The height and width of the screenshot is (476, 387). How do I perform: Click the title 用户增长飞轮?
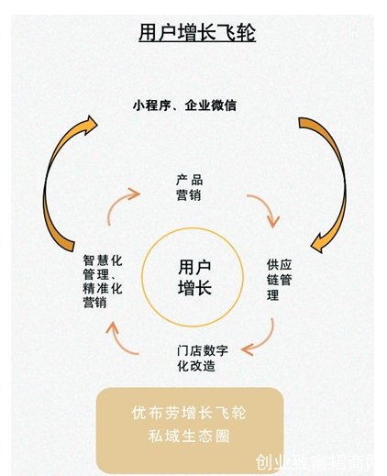[x=197, y=33]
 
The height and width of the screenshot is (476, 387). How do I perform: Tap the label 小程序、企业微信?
[x=184, y=105]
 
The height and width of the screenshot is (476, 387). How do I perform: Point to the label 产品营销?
[x=189, y=188]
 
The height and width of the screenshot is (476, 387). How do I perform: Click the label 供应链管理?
[x=279, y=280]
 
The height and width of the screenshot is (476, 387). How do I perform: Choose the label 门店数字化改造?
[x=203, y=358]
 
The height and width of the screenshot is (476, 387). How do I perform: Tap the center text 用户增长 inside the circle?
[x=194, y=277]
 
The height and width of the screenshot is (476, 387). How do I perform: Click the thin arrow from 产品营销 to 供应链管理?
[x=268, y=207]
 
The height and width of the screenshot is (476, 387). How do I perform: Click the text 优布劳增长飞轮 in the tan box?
[x=189, y=413]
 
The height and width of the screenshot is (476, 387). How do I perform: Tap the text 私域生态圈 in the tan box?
[x=189, y=436]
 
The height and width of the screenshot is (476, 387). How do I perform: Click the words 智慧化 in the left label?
[x=103, y=260]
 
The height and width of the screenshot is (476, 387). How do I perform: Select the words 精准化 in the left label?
[x=103, y=289]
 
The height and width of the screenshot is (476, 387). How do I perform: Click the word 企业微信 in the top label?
[x=211, y=105]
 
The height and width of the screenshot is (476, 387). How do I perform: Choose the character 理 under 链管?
[x=272, y=295]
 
